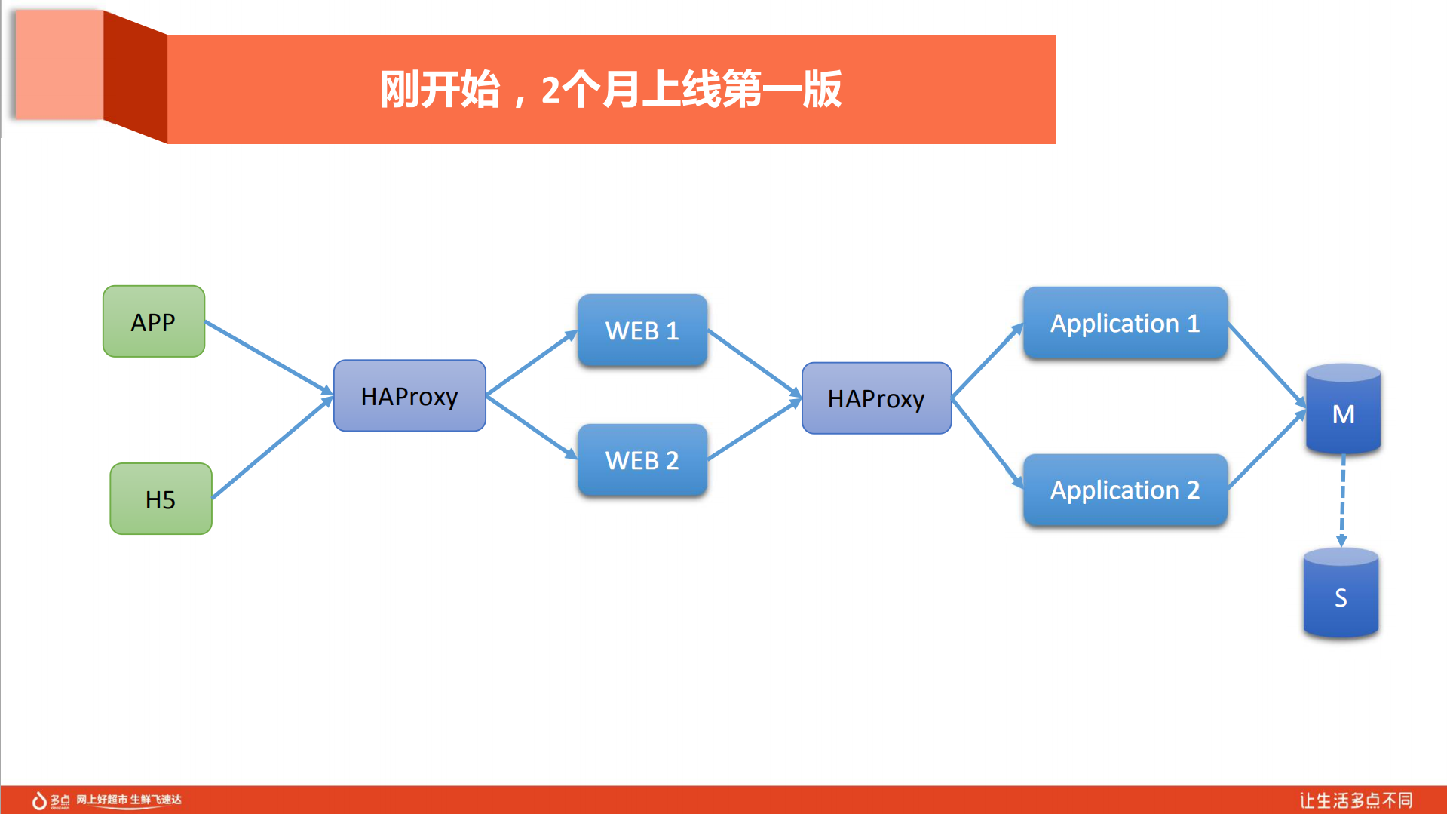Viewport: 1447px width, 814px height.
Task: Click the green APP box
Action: tap(154, 321)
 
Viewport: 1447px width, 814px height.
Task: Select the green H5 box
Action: tap(161, 499)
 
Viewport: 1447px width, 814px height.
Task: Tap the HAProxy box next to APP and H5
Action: tap(409, 395)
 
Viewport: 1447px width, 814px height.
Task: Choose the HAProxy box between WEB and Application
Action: tap(876, 398)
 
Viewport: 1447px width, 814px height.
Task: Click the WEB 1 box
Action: tap(642, 330)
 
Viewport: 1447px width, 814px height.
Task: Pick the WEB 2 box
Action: tap(642, 459)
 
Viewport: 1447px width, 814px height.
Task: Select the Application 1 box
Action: tap(1124, 323)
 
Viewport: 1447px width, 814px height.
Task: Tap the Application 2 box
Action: tap(1124, 490)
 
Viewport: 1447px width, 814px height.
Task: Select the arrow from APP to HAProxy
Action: tap(268, 356)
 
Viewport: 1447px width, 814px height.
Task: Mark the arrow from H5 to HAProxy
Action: tap(271, 448)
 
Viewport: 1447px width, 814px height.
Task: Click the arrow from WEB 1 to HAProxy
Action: tap(754, 363)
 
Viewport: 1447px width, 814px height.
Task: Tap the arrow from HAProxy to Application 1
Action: tap(988, 361)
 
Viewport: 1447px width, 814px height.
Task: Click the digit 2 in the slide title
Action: tap(550, 90)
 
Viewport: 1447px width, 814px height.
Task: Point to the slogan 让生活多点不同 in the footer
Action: tap(1355, 800)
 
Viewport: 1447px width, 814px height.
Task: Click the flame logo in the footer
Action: tap(39, 800)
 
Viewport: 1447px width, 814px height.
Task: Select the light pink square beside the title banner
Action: tap(59, 64)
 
